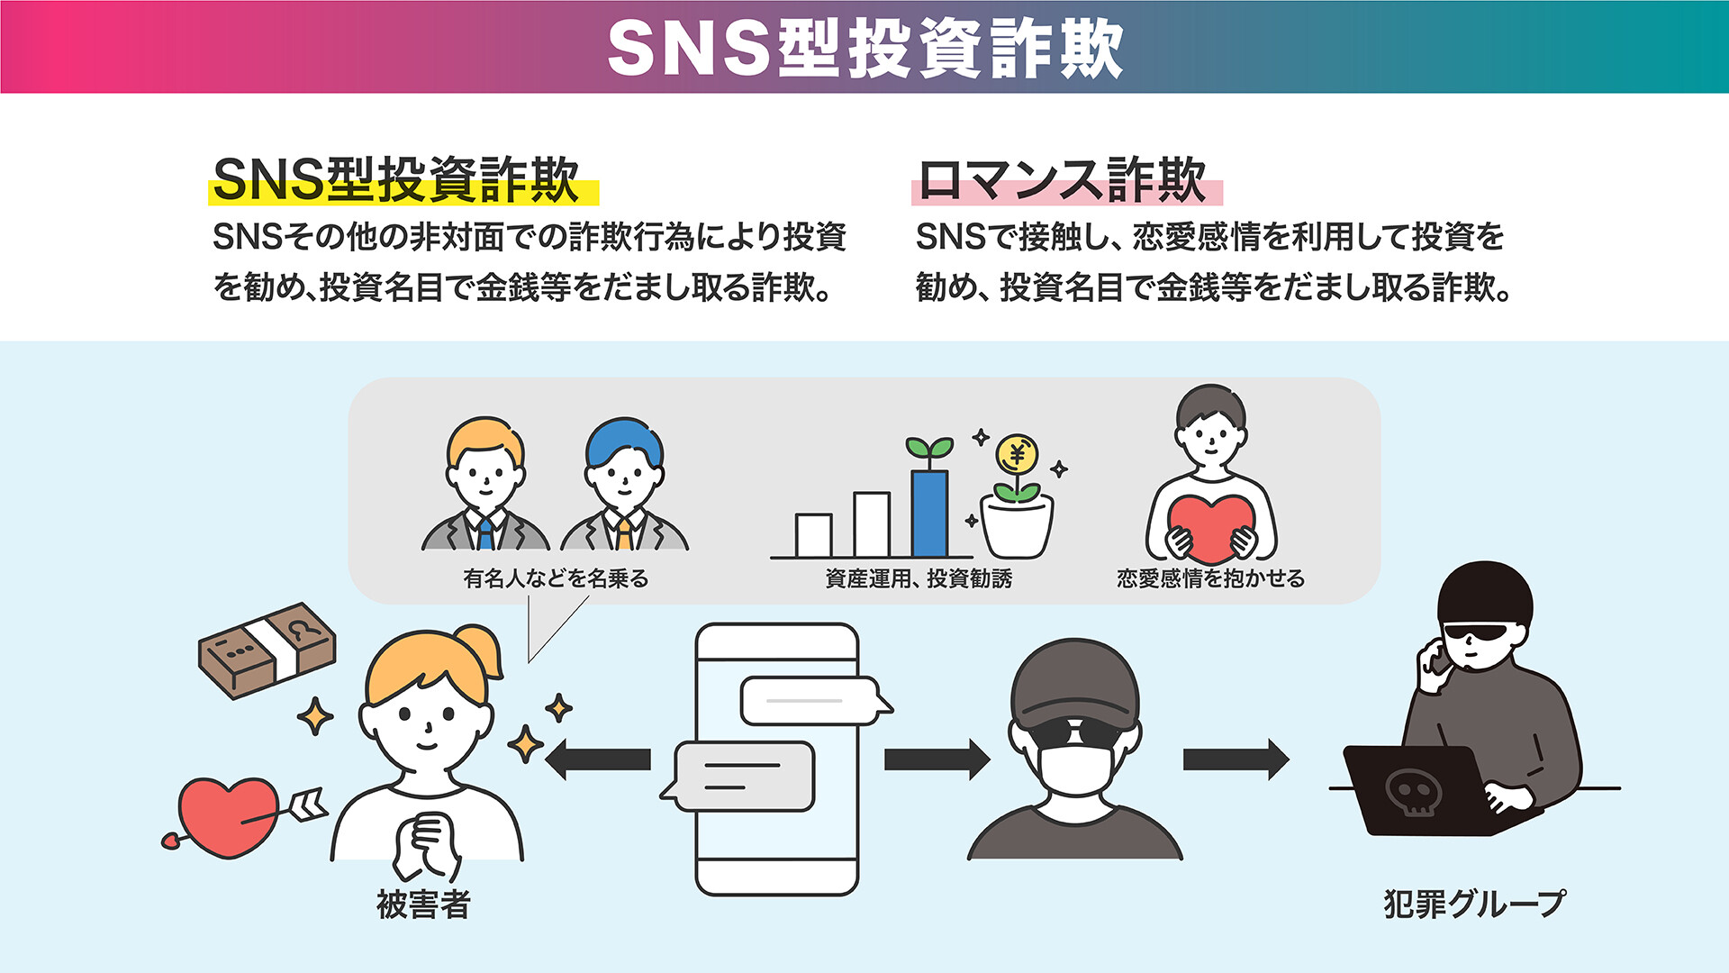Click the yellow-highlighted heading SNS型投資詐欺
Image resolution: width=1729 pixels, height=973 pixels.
pyautogui.click(x=396, y=180)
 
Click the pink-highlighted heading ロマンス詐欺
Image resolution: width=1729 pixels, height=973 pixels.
pyautogui.click(x=1063, y=180)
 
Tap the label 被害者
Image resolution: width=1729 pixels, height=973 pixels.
pyautogui.click(x=423, y=905)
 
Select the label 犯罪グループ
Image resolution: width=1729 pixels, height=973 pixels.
pyautogui.click(x=1474, y=905)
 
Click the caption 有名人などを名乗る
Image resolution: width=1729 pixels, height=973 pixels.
pyautogui.click(x=556, y=578)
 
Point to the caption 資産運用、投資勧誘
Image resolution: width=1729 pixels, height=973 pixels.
pyautogui.click(x=919, y=578)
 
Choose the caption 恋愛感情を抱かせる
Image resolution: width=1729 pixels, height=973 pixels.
pyautogui.click(x=1210, y=578)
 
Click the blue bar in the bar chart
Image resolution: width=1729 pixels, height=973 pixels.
pyautogui.click(x=929, y=514)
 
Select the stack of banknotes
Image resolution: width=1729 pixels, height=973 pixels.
pyautogui.click(x=267, y=649)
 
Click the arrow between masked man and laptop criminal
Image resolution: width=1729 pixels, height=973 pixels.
pyautogui.click(x=1235, y=759)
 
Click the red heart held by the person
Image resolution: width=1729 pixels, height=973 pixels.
pyautogui.click(x=1210, y=527)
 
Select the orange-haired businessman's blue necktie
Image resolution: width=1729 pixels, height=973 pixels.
pyautogui.click(x=485, y=532)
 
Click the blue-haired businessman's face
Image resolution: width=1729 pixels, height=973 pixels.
pyautogui.click(x=625, y=477)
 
